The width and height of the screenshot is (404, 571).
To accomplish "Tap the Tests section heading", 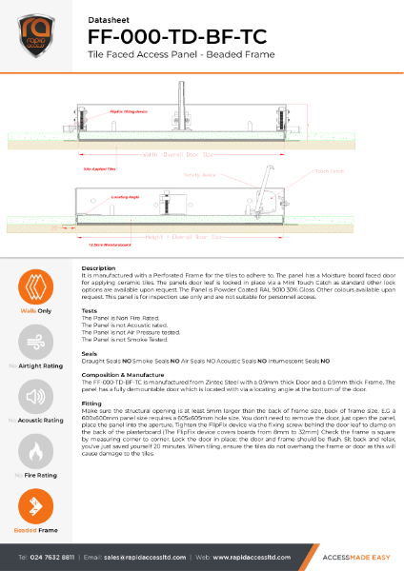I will tap(90, 310).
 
